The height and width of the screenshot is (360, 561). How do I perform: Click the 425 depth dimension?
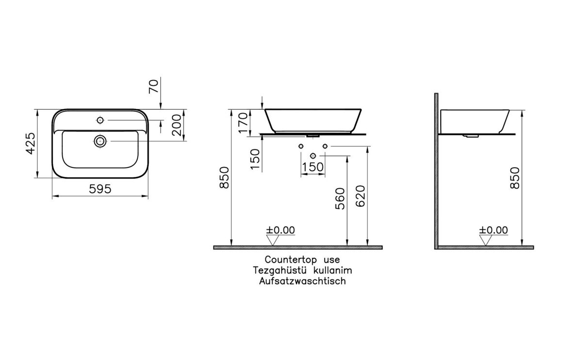point(30,143)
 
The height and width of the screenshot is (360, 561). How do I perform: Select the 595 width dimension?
point(100,189)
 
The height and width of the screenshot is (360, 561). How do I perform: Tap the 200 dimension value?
point(177,127)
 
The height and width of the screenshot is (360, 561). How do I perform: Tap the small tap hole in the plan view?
point(100,119)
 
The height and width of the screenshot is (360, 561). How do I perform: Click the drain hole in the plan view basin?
point(100,141)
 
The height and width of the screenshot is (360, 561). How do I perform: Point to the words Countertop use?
point(302,260)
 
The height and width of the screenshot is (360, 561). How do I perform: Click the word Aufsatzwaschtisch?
point(302,281)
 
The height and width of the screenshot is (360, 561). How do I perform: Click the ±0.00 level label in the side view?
point(493,230)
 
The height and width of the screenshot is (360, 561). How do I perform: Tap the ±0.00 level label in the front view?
point(280,230)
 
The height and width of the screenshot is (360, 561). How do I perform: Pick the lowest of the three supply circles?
point(313,155)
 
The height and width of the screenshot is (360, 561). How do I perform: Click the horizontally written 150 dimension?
point(313,167)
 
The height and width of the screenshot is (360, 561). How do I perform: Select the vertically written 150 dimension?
point(255,159)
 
